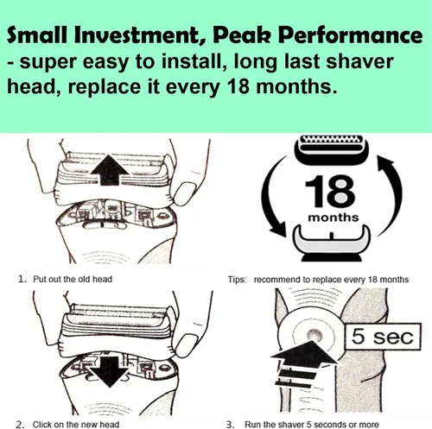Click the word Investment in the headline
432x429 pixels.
tap(140, 35)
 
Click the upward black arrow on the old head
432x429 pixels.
tap(110, 170)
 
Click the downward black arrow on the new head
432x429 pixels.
tap(110, 372)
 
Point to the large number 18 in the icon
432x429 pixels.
tap(330, 191)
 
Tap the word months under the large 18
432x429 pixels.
tap(334, 218)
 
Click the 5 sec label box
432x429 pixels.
tap(383, 337)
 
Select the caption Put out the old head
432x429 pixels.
tap(73, 279)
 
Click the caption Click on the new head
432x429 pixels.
tap(76, 425)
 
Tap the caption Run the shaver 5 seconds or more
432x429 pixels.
tap(312, 425)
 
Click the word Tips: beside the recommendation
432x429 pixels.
tap(237, 280)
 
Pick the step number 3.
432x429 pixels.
tap(230, 425)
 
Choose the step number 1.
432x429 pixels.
tap(22, 279)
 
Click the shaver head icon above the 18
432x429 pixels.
tap(331, 149)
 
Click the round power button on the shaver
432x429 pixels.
tap(314, 335)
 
